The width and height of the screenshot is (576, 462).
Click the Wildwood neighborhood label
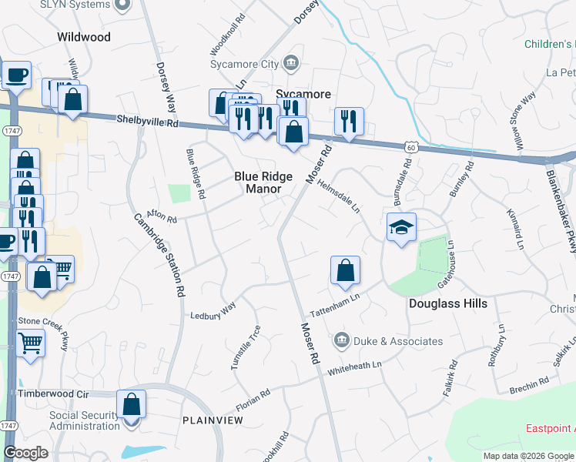(x=84, y=37)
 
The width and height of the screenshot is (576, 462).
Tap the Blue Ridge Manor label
(x=263, y=182)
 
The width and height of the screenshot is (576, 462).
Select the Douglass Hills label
(x=447, y=303)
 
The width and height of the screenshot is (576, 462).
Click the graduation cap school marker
(x=400, y=227)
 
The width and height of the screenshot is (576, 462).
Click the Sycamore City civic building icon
(x=291, y=62)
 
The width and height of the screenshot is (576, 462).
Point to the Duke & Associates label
(x=397, y=340)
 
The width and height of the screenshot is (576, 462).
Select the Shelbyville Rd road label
(x=148, y=121)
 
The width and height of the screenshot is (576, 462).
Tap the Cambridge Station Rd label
(x=159, y=255)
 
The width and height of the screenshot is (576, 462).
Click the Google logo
(x=25, y=453)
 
